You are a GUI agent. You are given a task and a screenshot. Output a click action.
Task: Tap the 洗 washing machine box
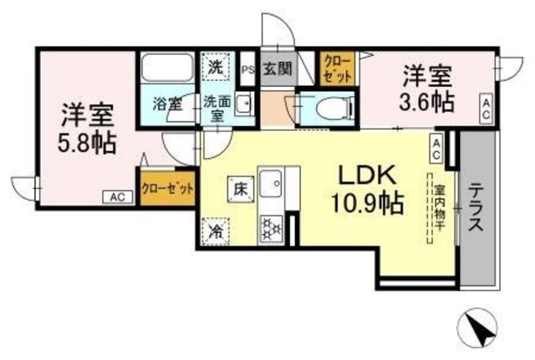215,66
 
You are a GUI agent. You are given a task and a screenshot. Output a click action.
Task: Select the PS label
247,70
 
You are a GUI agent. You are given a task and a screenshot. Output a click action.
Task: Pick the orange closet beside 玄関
339,68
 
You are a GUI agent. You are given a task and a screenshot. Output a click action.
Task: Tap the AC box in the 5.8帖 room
117,197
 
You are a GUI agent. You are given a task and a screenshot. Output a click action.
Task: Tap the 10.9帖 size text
371,203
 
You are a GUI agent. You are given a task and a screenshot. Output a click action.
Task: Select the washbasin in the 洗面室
243,104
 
